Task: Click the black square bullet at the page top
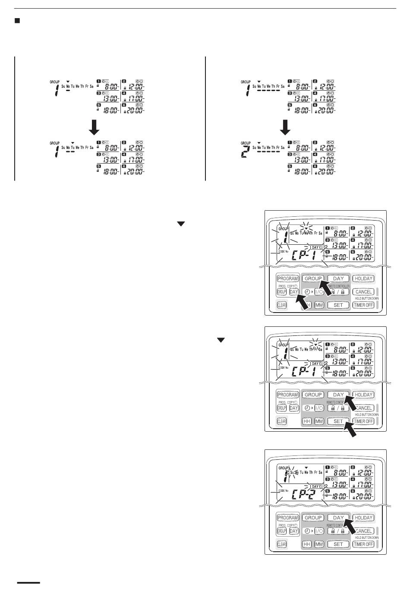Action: [18, 21]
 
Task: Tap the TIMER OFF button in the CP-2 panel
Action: [363, 544]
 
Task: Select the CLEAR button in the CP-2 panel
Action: [281, 544]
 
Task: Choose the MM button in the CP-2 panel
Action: [319, 544]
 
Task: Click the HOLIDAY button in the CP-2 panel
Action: [363, 518]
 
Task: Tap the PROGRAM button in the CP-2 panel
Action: [288, 518]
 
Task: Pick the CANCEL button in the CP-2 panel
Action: [363, 531]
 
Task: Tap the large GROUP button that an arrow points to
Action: [313, 279]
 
